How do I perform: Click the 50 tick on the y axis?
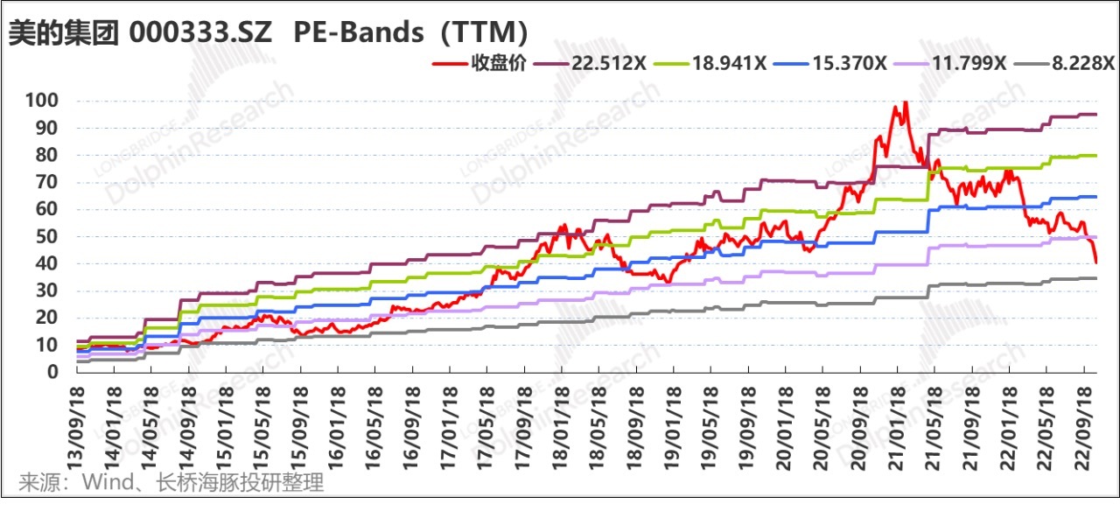point(47,236)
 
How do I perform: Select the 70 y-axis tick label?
point(47,182)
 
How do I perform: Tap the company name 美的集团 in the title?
point(62,32)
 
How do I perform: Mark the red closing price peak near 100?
point(905,102)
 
